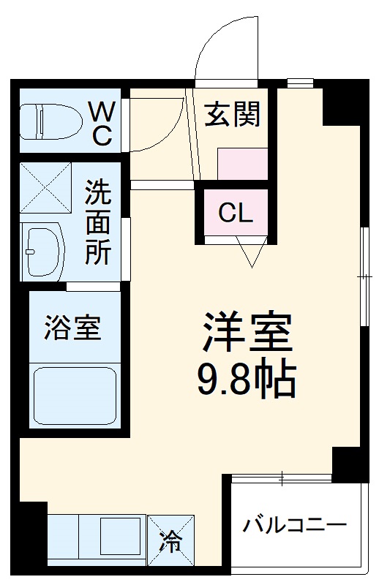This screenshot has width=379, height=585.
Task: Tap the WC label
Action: [x=101, y=123]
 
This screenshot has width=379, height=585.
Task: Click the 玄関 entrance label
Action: [x=232, y=115]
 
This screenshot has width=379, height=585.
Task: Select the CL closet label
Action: [x=236, y=214]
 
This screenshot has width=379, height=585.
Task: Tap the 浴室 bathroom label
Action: [x=72, y=328]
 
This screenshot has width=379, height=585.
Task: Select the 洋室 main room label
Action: [x=247, y=333]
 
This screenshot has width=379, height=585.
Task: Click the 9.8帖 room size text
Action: [x=247, y=378]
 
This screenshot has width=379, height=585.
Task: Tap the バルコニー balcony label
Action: [x=295, y=526]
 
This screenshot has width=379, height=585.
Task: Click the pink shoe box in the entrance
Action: [x=243, y=163]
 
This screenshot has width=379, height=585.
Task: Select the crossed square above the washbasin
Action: [x=45, y=188]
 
